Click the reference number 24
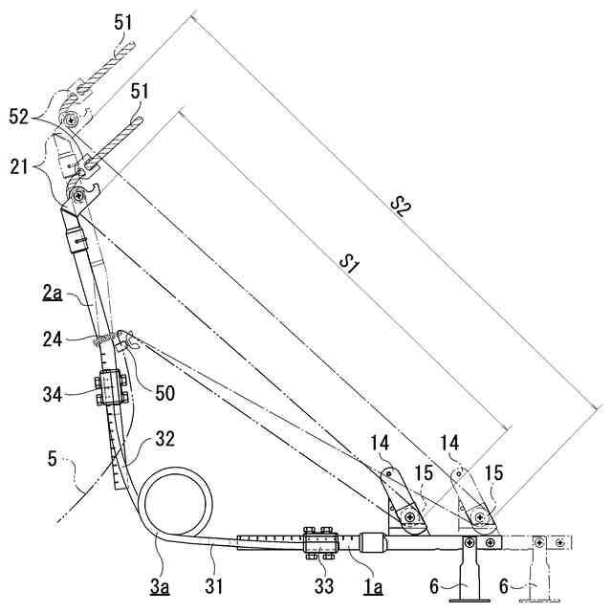pos(54,336)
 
